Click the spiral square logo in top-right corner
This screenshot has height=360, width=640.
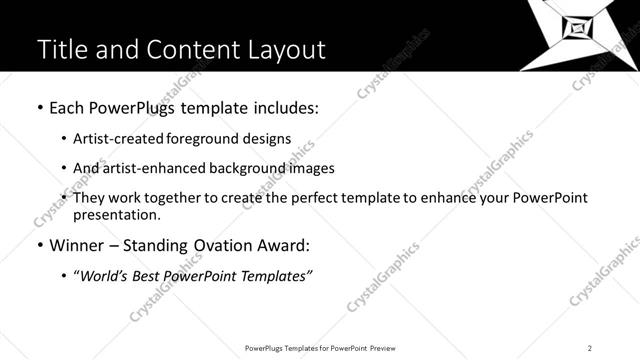tap(580, 30)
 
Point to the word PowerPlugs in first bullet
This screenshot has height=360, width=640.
tap(133, 107)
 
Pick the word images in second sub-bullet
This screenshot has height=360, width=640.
tap(311, 168)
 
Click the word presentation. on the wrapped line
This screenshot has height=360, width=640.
tap(117, 215)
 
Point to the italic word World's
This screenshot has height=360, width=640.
tap(104, 275)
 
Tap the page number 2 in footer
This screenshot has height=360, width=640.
tap(590, 348)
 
